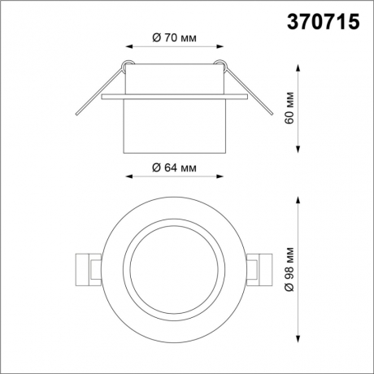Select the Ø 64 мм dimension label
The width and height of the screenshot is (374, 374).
point(174,168)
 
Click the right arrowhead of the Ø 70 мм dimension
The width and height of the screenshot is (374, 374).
point(217,46)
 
